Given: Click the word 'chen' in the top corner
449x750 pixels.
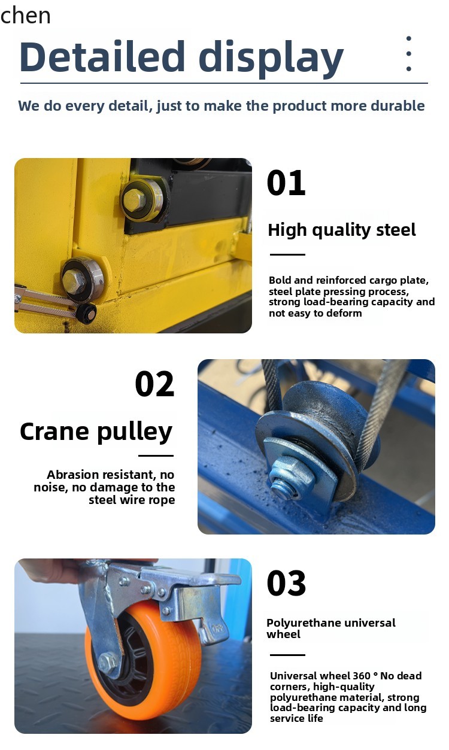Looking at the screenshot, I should [x=26, y=16].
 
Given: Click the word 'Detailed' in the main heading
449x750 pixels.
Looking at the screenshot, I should [x=102, y=57].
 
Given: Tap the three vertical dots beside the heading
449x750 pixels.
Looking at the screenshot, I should [x=408, y=54].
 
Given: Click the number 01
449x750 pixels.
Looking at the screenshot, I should [x=286, y=183].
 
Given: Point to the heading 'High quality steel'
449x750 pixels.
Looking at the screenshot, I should [x=341, y=230].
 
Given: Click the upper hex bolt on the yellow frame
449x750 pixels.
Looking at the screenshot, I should [x=136, y=200].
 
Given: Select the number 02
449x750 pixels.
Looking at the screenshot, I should [x=154, y=384].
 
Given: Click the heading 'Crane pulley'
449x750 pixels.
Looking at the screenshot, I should [x=96, y=432].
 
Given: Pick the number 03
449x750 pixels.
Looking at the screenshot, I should [x=286, y=584].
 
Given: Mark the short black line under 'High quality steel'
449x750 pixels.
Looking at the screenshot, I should [x=287, y=254].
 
